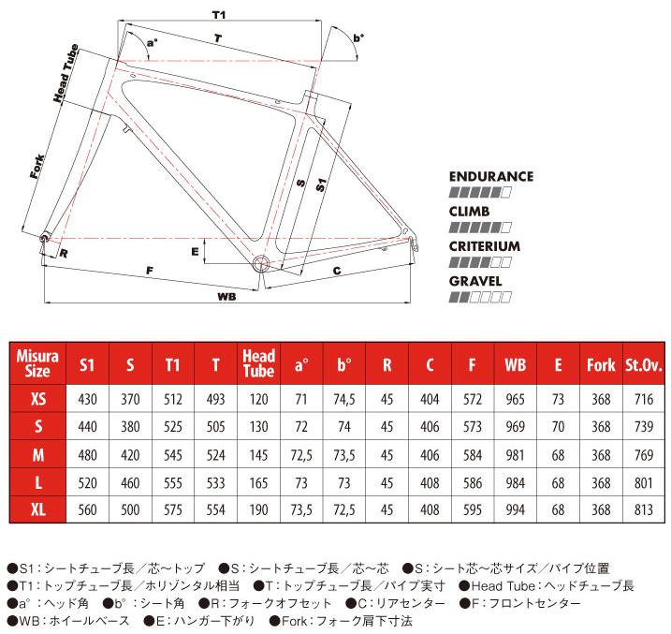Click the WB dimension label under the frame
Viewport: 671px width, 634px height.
(x=224, y=296)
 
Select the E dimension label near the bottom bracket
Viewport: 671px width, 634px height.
(x=195, y=251)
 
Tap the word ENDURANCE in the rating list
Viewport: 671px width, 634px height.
(x=490, y=176)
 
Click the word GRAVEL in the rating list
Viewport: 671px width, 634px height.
(x=475, y=280)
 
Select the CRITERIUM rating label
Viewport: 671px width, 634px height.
(x=484, y=245)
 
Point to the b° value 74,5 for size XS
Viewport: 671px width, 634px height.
(x=343, y=399)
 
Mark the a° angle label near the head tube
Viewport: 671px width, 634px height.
(x=152, y=42)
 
